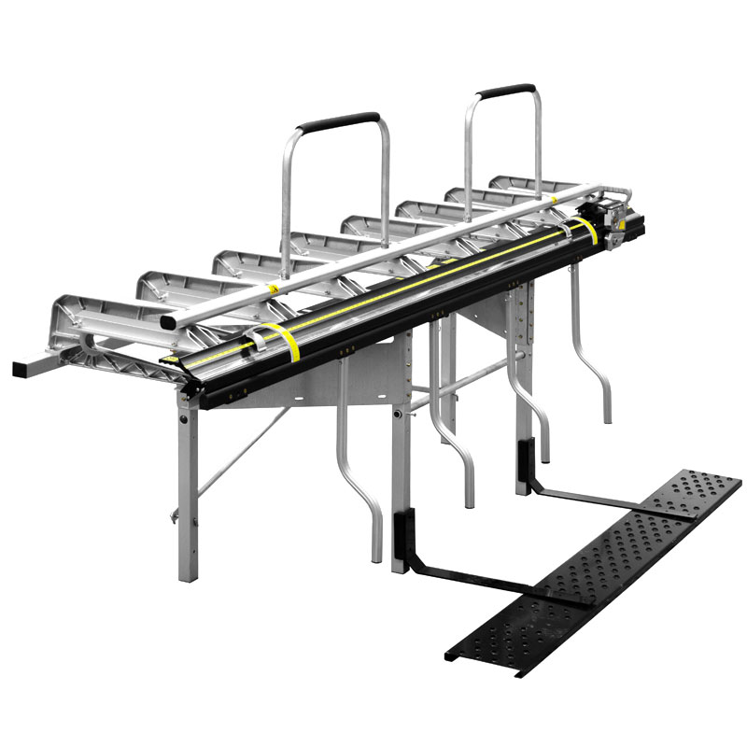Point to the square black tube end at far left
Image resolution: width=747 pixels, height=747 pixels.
click(20, 369)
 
